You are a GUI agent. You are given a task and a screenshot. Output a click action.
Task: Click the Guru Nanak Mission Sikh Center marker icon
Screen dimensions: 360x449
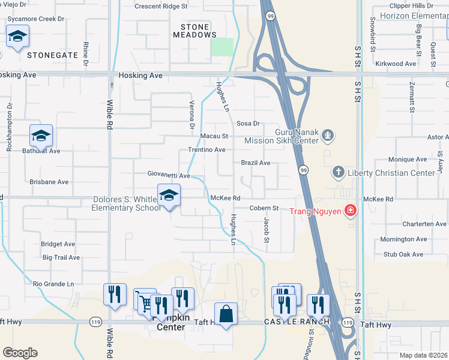pos(328,136)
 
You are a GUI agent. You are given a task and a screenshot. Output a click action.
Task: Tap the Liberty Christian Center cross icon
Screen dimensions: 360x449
pos(339,173)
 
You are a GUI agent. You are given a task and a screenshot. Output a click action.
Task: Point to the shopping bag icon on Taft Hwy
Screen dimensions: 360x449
pos(226,314)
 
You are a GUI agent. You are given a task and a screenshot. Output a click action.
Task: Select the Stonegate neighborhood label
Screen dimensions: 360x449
pos(52,55)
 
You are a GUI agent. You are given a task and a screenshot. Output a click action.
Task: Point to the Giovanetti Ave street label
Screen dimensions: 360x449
pos(169,176)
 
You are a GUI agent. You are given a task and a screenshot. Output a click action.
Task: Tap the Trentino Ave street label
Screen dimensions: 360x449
pos(206,149)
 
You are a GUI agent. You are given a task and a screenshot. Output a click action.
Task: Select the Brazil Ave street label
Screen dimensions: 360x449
pos(256,163)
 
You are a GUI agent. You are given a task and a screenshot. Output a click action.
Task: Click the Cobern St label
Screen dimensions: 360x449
pos(264,208)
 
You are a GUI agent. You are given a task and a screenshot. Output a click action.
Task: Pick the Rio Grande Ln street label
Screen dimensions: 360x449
pos(53,284)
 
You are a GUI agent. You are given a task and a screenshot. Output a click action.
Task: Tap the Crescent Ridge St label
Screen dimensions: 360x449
pos(161,7)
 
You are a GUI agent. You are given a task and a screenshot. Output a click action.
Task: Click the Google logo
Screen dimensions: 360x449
pos(20,353)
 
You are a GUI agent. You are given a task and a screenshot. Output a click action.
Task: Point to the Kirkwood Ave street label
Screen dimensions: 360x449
pos(395,63)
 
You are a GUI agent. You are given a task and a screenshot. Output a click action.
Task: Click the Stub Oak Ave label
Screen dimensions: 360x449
pos(403,254)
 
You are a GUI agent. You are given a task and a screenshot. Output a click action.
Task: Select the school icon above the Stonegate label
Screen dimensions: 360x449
pos(18,37)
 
